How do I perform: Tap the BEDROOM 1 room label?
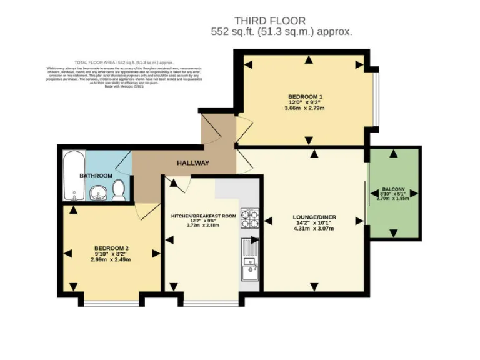[306, 97]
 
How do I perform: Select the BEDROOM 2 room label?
[111, 248]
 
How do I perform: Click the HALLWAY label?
[192, 163]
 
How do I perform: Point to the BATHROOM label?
[96, 176]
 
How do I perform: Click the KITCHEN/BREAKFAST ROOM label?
[204, 216]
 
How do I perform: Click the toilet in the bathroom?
[119, 191]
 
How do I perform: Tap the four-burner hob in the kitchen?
[251, 219]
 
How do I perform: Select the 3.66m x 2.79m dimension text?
[305, 108]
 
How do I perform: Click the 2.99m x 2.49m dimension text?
[111, 259]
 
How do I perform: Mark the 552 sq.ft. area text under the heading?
[283, 31]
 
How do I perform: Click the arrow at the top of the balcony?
[393, 154]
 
